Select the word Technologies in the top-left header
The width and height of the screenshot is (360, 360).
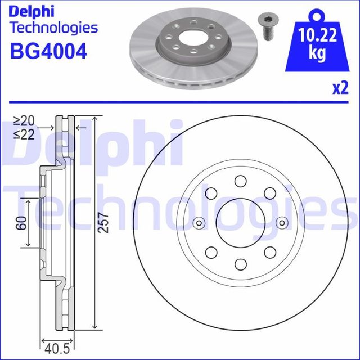[x=54, y=28]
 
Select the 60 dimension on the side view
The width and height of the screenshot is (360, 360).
[x=21, y=223]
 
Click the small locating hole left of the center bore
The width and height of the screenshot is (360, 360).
[x=198, y=223]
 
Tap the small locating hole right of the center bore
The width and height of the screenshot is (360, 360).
[x=282, y=223]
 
